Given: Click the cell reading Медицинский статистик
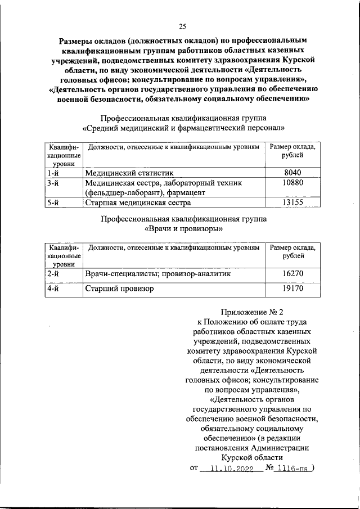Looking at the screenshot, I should tap(129, 173).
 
